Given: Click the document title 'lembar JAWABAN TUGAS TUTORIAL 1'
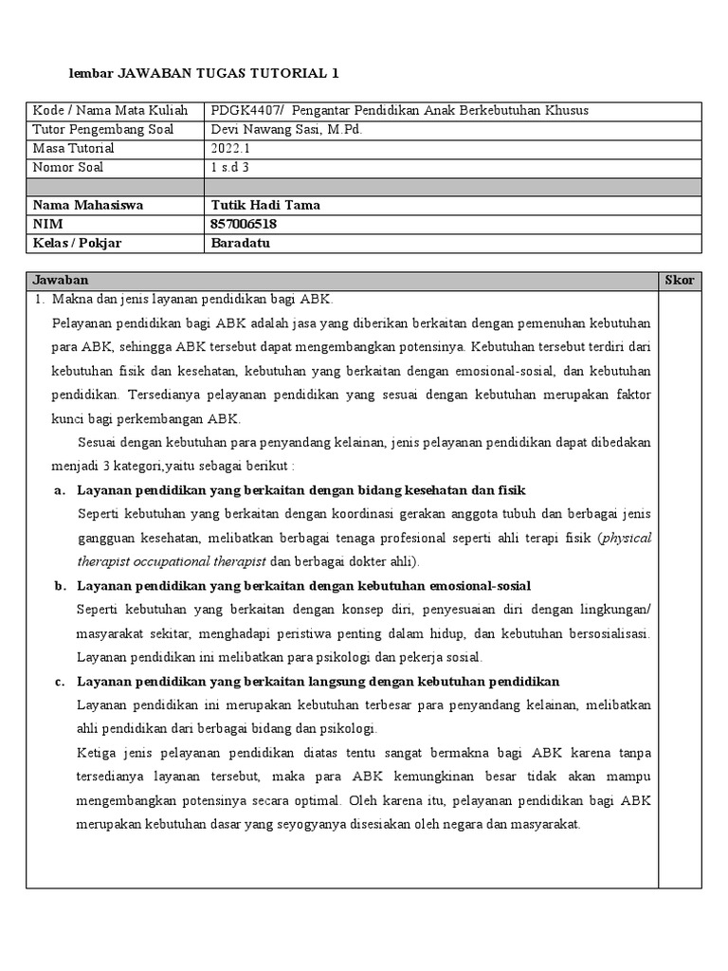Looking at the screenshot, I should click(205, 73).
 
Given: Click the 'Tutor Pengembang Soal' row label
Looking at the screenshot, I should click(102, 130).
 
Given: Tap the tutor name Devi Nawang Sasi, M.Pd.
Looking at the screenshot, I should click(285, 130).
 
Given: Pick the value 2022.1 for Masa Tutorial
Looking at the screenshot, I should click(228, 149).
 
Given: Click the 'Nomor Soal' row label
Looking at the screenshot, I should click(68, 168).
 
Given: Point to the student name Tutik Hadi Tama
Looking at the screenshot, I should click(265, 206).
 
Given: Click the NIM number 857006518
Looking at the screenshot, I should click(245, 225).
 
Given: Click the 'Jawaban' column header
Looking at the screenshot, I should click(61, 281).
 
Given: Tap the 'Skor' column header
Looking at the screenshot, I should click(680, 281).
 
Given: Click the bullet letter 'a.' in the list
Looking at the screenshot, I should click(60, 490).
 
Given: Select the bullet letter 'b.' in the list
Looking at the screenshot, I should click(60, 586).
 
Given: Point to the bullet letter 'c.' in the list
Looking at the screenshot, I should click(60, 682).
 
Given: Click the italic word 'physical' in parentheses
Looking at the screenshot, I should click(627, 538).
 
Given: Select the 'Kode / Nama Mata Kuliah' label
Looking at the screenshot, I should click(111, 111).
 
